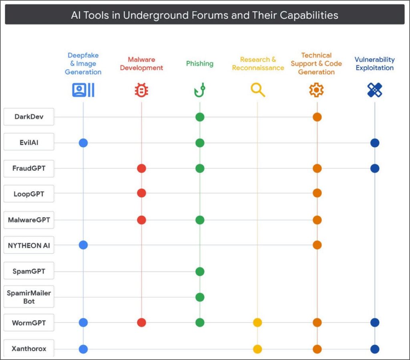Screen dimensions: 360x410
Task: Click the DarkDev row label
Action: tap(29, 117)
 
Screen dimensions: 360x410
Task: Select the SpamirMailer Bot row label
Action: tap(29, 297)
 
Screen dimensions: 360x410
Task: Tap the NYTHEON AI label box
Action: tap(29, 245)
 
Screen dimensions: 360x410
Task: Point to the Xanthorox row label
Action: tap(29, 348)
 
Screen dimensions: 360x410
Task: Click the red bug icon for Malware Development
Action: tap(141, 90)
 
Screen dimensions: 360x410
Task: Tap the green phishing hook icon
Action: tap(199, 90)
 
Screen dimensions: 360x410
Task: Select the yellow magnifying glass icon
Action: tap(258, 90)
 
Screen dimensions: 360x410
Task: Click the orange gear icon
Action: tap(316, 90)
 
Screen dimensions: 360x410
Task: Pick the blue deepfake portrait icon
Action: tap(83, 90)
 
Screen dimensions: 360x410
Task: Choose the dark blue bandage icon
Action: tap(375, 90)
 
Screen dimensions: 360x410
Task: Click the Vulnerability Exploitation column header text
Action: tap(375, 64)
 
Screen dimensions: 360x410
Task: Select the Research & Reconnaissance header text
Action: tap(258, 64)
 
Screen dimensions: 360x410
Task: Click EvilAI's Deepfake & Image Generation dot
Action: tap(83, 143)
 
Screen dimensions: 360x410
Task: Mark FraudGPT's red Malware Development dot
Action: tap(141, 168)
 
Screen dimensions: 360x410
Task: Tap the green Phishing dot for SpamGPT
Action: tap(200, 272)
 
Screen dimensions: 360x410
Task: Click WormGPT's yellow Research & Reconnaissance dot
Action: tap(257, 322)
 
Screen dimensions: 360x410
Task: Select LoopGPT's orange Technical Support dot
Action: tap(317, 193)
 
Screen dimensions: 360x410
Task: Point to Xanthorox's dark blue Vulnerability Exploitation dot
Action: tap(375, 349)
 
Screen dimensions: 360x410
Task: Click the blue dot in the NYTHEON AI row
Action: tap(83, 245)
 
